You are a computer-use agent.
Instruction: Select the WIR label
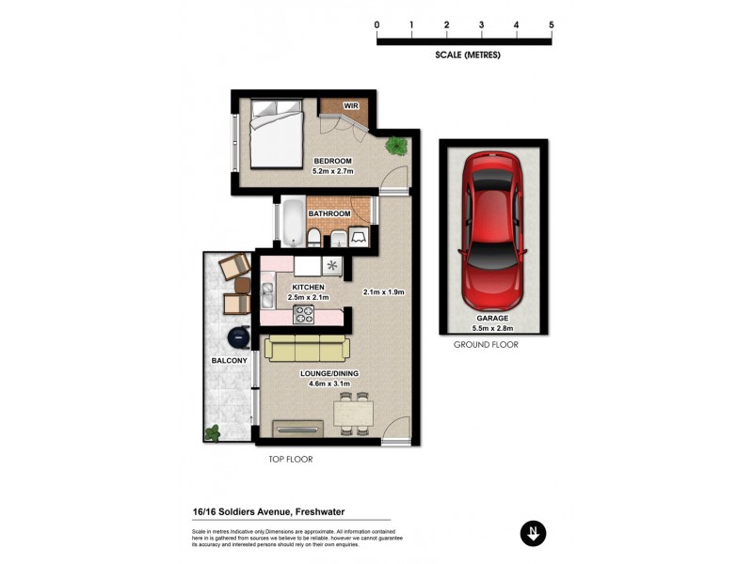click(351, 104)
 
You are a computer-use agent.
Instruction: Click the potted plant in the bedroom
click(397, 146)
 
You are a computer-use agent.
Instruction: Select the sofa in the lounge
click(306, 349)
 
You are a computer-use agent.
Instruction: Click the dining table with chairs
click(356, 413)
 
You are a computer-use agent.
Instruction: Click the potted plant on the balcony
click(213, 432)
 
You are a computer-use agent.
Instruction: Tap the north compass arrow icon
click(533, 533)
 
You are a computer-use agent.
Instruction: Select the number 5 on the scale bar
click(551, 24)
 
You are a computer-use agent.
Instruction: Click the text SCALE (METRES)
click(468, 55)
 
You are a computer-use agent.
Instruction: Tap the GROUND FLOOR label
click(486, 345)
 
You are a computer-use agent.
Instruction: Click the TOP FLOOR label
click(290, 460)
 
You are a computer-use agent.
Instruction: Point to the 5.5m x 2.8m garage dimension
click(492, 328)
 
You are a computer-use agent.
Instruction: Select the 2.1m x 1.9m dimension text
click(383, 292)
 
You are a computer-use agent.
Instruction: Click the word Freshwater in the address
click(328, 512)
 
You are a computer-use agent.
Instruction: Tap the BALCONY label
click(229, 361)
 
